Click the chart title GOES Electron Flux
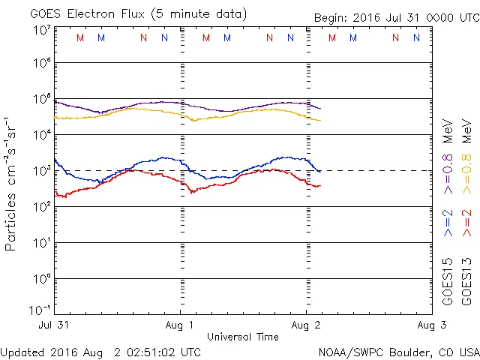coord(127,14)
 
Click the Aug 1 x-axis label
coord(181,325)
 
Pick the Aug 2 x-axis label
coord(306,325)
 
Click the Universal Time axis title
coord(243,337)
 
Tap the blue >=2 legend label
coord(448,224)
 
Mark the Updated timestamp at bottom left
coord(101,352)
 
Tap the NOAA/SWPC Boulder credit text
coord(398,352)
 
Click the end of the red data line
coord(320,185)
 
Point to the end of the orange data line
coord(320,120)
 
